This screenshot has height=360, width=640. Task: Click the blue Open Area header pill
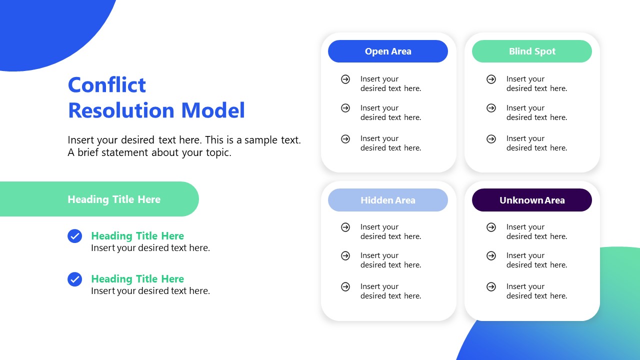pyautogui.click(x=388, y=51)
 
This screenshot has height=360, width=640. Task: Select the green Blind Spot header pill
pyautogui.click(x=532, y=51)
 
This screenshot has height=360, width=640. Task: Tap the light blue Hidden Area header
pyautogui.click(x=388, y=200)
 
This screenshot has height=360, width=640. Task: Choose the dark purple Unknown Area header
pyautogui.click(x=532, y=200)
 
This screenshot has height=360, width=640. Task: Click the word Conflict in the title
pyautogui.click(x=107, y=85)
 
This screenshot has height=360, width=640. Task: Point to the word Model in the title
pyautogui.click(x=212, y=110)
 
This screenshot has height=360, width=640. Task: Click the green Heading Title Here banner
pyautogui.click(x=114, y=199)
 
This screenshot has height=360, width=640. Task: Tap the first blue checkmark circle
pyautogui.click(x=74, y=236)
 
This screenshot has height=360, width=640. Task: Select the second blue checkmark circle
pyautogui.click(x=74, y=279)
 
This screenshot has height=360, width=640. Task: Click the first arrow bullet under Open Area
pyautogui.click(x=345, y=79)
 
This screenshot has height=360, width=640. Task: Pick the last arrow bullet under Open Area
pyautogui.click(x=345, y=139)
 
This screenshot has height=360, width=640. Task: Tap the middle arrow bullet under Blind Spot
pyautogui.click(x=491, y=108)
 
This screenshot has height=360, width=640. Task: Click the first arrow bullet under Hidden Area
pyautogui.click(x=345, y=227)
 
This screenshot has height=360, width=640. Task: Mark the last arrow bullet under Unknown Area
pyautogui.click(x=491, y=286)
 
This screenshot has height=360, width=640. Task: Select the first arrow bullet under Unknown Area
pyautogui.click(x=491, y=227)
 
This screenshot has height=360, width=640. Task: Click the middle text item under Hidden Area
pyautogui.click(x=390, y=260)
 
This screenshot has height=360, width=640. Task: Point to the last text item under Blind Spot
pyautogui.click(x=536, y=143)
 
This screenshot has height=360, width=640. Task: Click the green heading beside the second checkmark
pyautogui.click(x=137, y=279)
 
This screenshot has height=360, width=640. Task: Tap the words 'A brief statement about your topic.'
pyautogui.click(x=149, y=152)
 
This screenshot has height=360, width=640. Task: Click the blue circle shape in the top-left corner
pyautogui.click(x=45, y=25)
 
